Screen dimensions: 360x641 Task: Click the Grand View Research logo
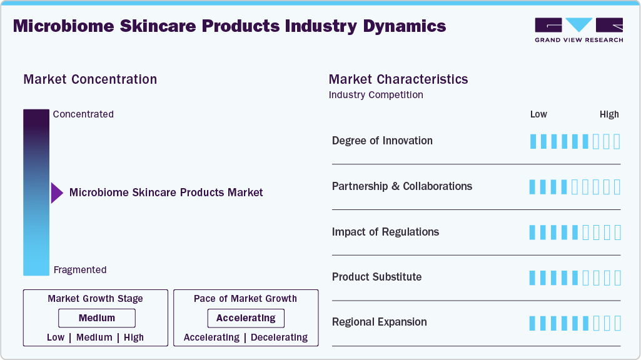[x=578, y=30]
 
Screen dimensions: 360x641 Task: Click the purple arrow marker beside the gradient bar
[x=57, y=193]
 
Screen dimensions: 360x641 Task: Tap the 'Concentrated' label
[x=83, y=114]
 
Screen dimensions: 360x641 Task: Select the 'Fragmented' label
[x=80, y=270]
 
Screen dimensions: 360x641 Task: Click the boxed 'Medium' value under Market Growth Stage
[x=97, y=318]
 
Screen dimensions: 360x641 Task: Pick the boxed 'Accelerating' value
[x=246, y=318]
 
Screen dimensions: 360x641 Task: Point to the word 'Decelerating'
[x=279, y=337]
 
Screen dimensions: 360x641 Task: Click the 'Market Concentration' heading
[x=90, y=79]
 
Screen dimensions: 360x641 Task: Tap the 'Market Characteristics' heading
[x=398, y=79]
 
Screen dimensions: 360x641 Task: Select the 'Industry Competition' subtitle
[x=376, y=95]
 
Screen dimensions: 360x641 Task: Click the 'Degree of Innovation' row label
[x=382, y=141]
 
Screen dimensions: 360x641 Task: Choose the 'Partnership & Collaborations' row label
[x=402, y=186]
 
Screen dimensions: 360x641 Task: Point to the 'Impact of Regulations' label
[x=385, y=232]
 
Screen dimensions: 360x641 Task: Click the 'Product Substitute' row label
[x=376, y=277]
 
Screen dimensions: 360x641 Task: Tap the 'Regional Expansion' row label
[x=380, y=322]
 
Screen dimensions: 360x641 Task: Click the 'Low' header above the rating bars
[x=538, y=114]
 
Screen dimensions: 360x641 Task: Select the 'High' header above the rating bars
[x=609, y=114]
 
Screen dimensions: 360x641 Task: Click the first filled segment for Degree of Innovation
[x=533, y=141]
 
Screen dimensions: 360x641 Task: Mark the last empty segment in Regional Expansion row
[x=617, y=323]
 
